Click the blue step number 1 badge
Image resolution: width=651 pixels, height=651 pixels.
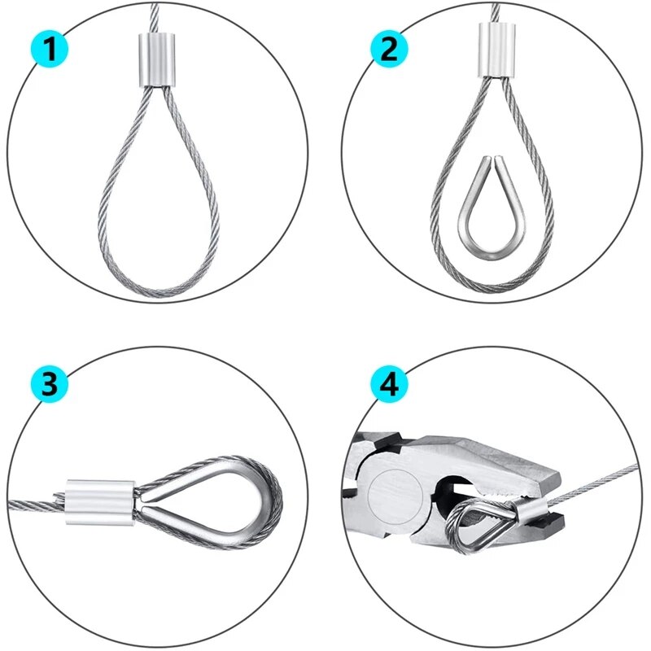click(x=50, y=50)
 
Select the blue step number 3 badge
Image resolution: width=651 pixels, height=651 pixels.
click(x=50, y=384)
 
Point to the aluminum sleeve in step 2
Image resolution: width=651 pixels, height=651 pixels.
click(x=496, y=50)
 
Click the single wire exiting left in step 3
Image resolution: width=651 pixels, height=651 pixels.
click(x=33, y=505)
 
